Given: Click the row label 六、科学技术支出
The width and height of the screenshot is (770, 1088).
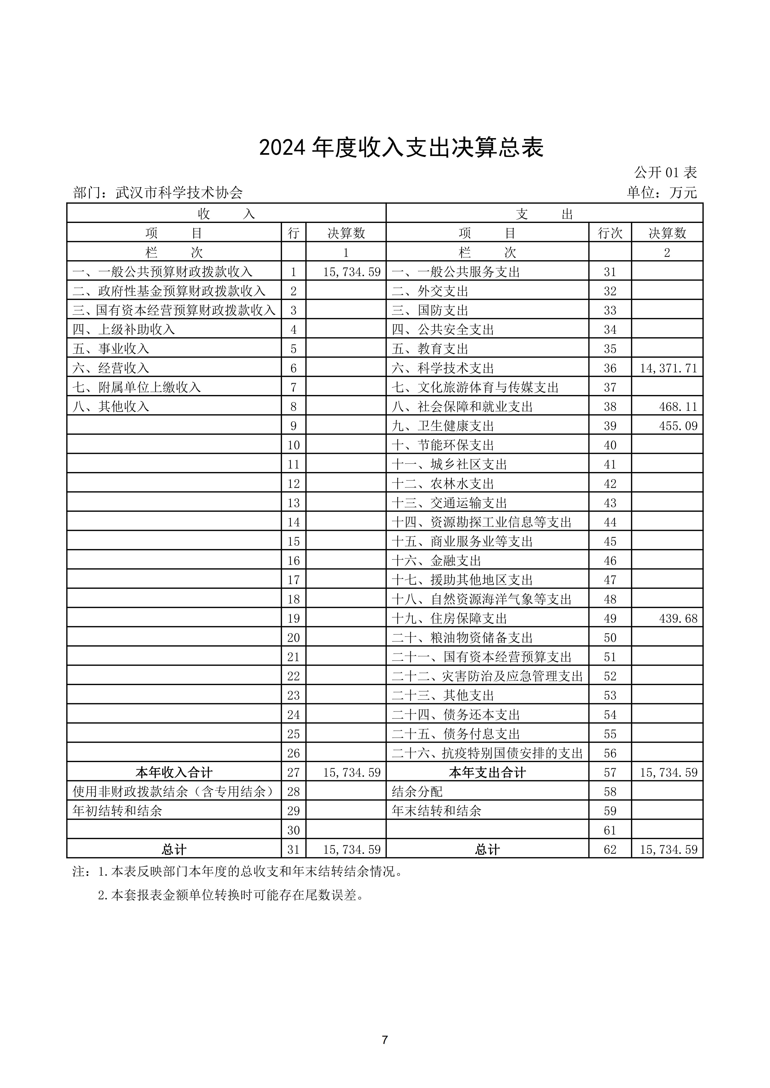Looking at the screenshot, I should (443, 368).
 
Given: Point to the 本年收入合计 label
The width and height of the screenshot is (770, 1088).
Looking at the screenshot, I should (174, 773).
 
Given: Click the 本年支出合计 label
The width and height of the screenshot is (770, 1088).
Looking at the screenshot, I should (487, 773).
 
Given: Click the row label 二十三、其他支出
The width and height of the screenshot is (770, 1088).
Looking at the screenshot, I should (443, 696).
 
